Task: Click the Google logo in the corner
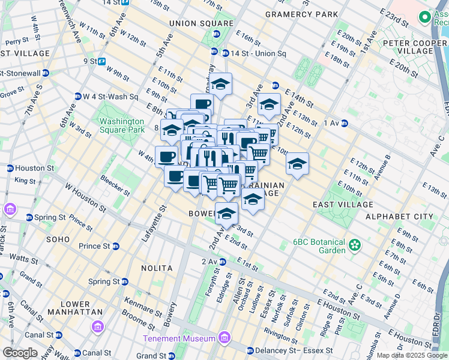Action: tap(20, 353)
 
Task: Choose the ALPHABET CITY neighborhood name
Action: tap(399, 216)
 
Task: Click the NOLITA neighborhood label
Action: tap(157, 268)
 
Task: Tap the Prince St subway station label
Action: tap(94, 246)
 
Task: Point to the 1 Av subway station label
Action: tap(331, 123)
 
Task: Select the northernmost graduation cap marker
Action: tap(221, 83)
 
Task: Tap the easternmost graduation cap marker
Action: tap(297, 163)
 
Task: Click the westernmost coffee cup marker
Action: tap(166, 157)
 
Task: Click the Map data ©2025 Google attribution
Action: tap(411, 355)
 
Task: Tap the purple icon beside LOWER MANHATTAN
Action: tap(97, 326)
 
